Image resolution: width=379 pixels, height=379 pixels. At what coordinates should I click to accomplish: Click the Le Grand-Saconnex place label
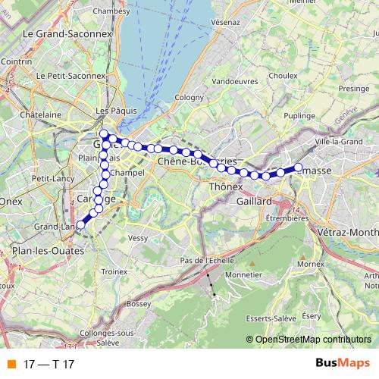click(67, 33)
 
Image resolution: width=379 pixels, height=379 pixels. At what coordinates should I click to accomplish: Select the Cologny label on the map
click(189, 97)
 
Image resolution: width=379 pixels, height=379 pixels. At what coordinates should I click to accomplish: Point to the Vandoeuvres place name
click(233, 80)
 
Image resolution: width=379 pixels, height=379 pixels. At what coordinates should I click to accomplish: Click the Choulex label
click(282, 75)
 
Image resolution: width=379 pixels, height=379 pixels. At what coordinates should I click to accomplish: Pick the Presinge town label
click(352, 88)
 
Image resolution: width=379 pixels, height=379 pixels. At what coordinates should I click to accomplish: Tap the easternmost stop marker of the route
click(298, 167)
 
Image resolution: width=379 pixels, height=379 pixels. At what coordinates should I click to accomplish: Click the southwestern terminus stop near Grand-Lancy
click(80, 224)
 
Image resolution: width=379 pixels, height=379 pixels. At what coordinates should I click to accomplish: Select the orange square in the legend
click(11, 363)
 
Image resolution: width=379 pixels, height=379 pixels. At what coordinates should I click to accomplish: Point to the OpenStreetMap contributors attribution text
click(313, 339)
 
